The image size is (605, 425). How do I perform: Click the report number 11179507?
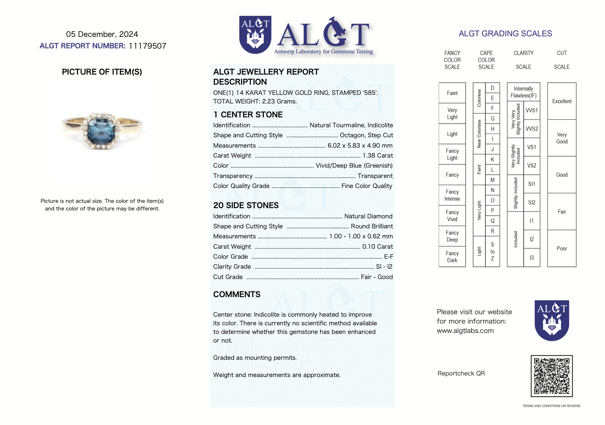pyautogui.click(x=147, y=46)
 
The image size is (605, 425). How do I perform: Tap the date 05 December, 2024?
pyautogui.click(x=102, y=34)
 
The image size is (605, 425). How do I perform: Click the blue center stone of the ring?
pyautogui.click(x=102, y=130)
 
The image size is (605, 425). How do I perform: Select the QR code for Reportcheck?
pyautogui.click(x=551, y=376)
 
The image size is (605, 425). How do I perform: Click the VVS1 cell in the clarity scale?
pyautogui.click(x=531, y=110)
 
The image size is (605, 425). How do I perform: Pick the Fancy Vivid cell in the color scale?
pyautogui.click(x=452, y=216)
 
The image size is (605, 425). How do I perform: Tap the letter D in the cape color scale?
pyautogui.click(x=492, y=88)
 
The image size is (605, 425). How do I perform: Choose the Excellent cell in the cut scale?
pyautogui.click(x=561, y=101)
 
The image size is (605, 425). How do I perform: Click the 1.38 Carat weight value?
pyautogui.click(x=377, y=156)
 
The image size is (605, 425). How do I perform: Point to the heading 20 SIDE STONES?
pyautogui.click(x=246, y=205)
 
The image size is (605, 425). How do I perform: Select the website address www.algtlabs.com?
pyautogui.click(x=465, y=331)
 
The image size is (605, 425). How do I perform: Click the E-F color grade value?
pyautogui.click(x=388, y=257)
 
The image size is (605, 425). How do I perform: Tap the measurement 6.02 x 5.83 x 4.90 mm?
pyautogui.click(x=360, y=146)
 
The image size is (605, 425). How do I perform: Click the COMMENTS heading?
pyautogui.click(x=237, y=294)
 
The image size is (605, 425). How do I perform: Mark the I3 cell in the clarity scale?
pyautogui.click(x=531, y=258)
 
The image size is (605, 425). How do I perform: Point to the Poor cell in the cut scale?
pyautogui.click(x=561, y=248)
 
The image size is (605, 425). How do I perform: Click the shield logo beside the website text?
pyautogui.click(x=551, y=320)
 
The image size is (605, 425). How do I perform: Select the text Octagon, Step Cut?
pyautogui.click(x=366, y=135)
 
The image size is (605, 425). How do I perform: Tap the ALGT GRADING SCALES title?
pyautogui.click(x=505, y=33)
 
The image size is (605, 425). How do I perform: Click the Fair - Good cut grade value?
pyautogui.click(x=376, y=277)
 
